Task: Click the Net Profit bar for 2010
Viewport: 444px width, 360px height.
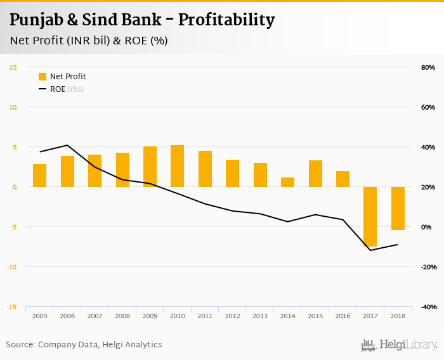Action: point(178,166)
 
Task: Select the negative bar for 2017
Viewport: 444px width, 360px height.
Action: point(370,217)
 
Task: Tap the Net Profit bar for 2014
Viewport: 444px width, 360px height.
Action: point(287,182)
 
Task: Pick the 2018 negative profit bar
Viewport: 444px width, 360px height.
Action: point(398,209)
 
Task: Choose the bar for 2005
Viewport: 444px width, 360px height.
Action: point(40,176)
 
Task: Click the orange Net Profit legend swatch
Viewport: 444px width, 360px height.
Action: point(42,77)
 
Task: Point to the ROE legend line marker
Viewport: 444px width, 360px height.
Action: point(42,89)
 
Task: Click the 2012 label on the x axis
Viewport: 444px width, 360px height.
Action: point(232,316)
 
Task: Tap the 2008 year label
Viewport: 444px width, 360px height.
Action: point(122,316)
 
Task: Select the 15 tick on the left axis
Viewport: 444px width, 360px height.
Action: point(13,67)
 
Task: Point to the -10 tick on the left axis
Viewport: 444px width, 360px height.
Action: point(11,267)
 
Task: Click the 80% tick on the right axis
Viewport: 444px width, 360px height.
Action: point(428,67)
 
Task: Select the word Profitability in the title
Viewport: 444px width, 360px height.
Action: point(226,20)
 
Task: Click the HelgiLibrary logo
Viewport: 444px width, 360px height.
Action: point(400,345)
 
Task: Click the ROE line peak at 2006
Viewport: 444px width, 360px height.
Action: point(67,145)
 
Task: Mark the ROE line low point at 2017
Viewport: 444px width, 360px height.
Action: point(370,250)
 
